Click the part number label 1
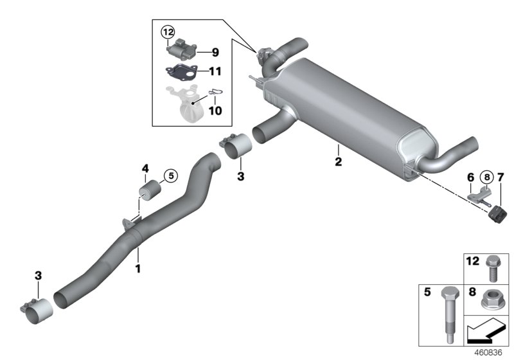coord(137,265)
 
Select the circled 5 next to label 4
coord(170,174)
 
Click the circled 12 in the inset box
coord(168,32)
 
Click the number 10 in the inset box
coord(215,111)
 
